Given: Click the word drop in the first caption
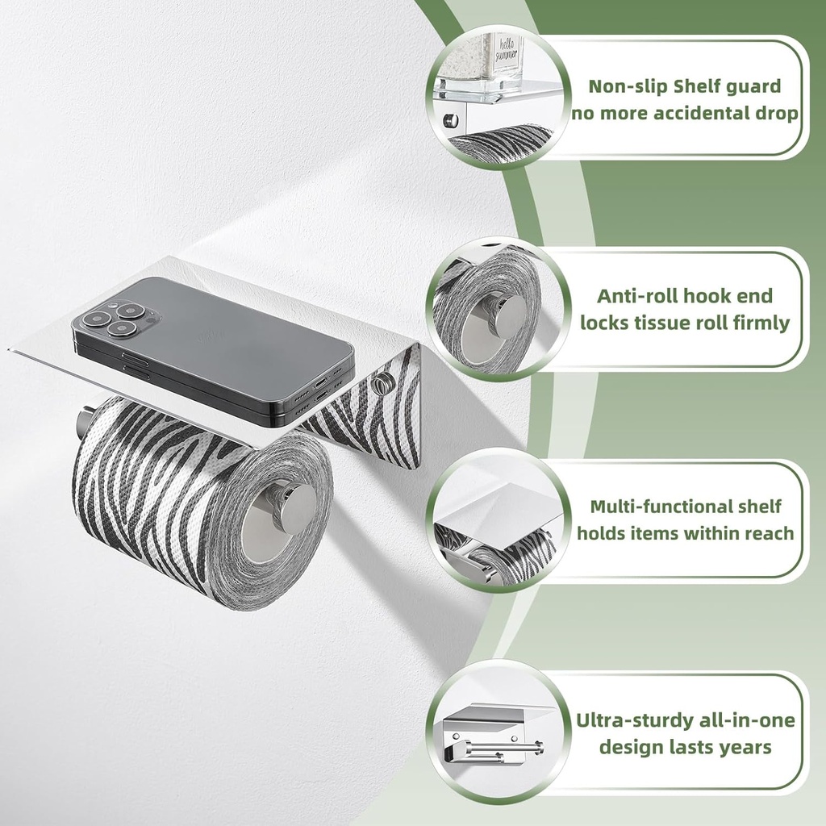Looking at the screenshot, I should (x=775, y=113).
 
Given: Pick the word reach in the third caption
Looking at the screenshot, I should (x=766, y=533).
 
